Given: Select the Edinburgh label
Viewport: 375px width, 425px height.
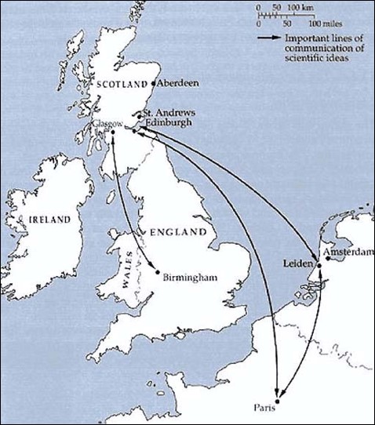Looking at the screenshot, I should [x=166, y=122].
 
